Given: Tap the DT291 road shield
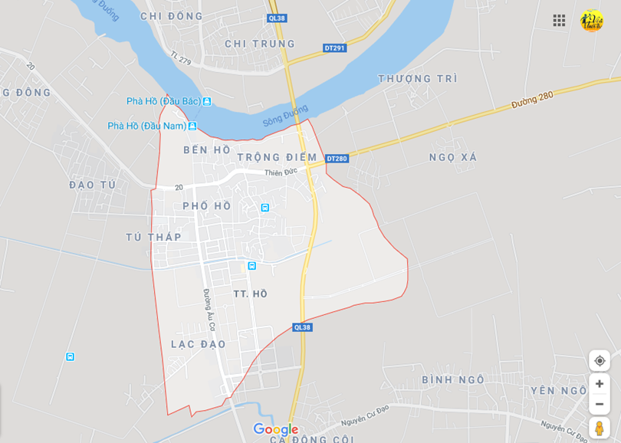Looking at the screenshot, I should tap(335, 48).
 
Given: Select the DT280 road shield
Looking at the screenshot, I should tap(337, 159).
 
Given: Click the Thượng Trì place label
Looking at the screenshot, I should tap(418, 79).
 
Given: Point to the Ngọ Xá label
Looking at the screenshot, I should tap(453, 157).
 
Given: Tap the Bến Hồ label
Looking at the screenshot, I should tap(207, 150).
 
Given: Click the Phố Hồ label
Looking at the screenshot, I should tap(207, 206).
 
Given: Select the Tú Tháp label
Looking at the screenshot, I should tap(154, 237).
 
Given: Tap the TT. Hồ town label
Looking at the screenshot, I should tap(251, 294).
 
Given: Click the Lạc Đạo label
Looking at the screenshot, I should tap(199, 344).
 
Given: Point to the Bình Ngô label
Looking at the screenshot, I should tap(453, 380).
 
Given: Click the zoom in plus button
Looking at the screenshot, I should tap(600, 384).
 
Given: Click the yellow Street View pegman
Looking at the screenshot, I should tap(600, 428).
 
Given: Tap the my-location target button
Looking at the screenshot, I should tap(600, 360).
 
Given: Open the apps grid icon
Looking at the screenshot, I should tap(559, 21).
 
